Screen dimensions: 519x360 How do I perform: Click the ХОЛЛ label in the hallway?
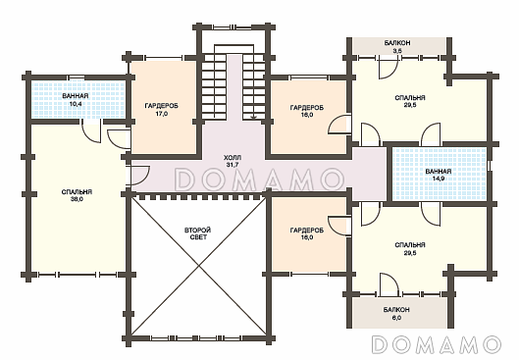coord(233,157)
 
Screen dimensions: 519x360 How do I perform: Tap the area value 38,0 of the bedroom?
coord(77,199)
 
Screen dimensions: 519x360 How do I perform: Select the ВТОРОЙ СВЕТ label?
coord(198,233)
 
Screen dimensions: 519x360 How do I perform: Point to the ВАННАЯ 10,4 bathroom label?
coord(76,99)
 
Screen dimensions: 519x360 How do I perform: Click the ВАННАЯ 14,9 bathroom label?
coord(439,175)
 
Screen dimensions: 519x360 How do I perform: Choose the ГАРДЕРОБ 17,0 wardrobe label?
coord(162,110)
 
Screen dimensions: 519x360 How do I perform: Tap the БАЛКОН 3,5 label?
coord(397,47)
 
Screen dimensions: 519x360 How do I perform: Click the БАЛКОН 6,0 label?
coord(397,314)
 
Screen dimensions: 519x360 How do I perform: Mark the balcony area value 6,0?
coord(397,318)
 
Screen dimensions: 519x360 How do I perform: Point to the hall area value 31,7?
coord(233,164)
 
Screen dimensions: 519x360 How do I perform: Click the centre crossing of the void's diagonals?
coord(198,266)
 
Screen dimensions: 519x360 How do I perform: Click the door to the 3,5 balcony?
coord(388,68)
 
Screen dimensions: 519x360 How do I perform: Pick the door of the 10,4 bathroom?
coord(91,132)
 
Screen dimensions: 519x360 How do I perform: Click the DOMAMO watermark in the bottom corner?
coord(437,344)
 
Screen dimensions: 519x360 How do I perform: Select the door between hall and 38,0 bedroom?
coord(140,175)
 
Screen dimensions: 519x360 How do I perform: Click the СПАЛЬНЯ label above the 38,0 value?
coord(77,192)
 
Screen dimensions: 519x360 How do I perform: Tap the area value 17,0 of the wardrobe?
coord(162,114)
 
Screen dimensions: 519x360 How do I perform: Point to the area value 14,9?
coord(439,179)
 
